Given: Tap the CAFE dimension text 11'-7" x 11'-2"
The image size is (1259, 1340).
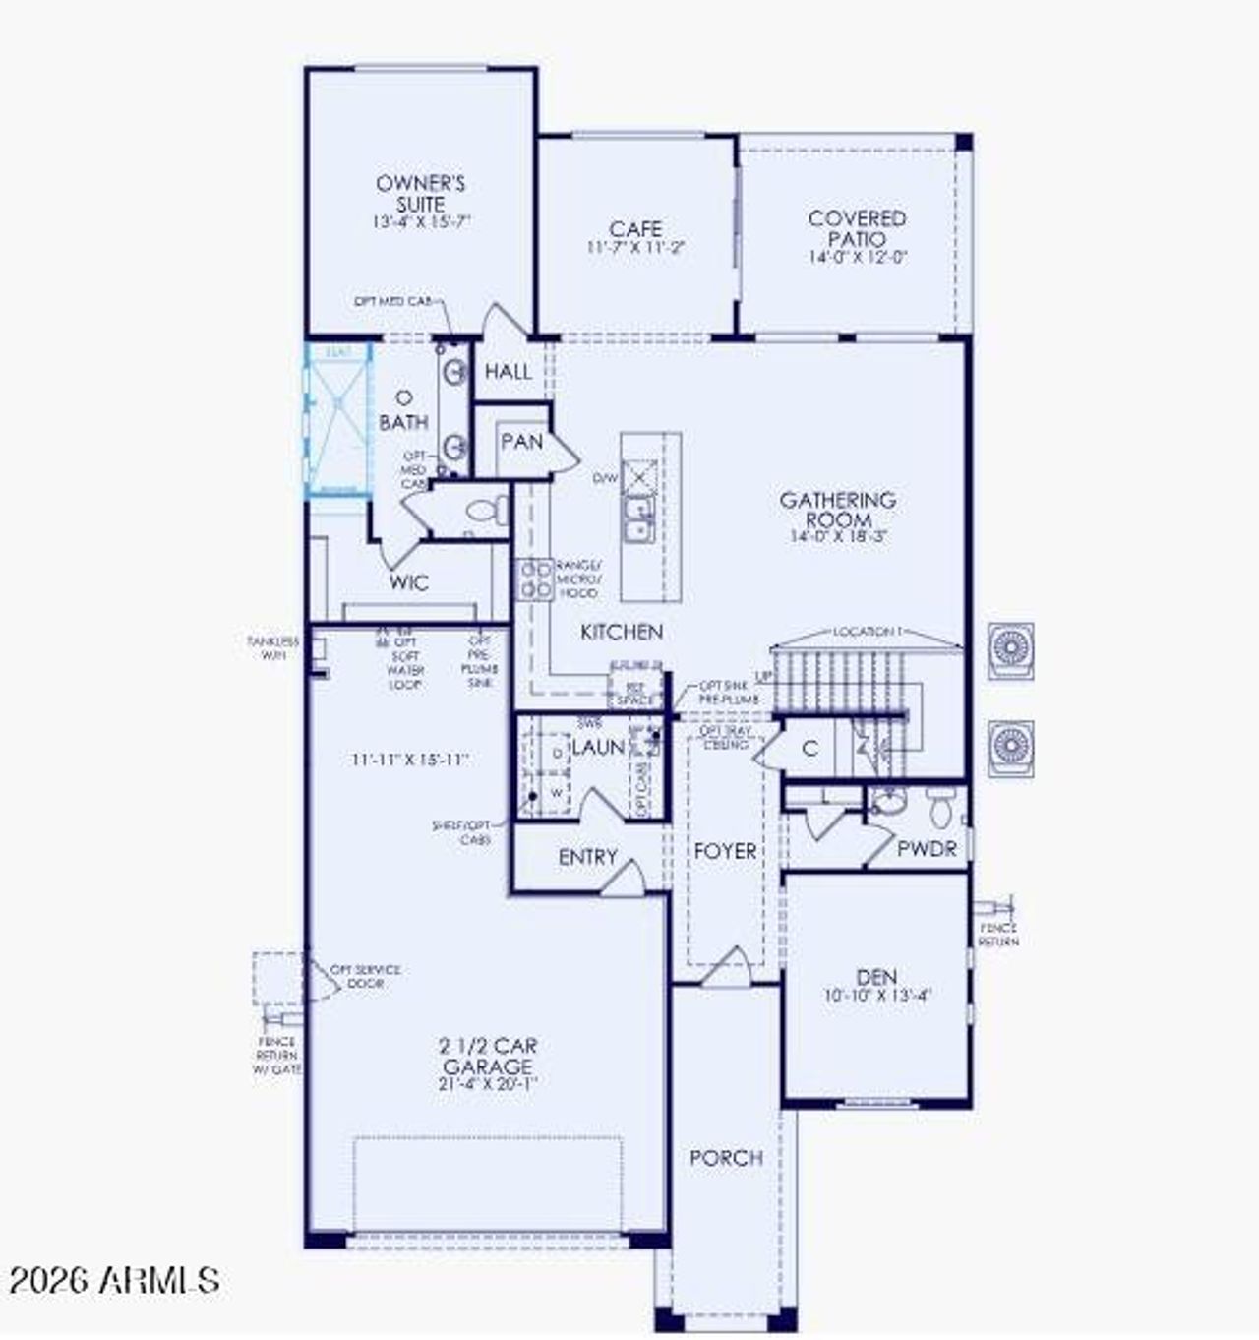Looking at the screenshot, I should pyautogui.click(x=634, y=248).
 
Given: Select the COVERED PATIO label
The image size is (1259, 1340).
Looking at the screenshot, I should pyautogui.click(x=857, y=228).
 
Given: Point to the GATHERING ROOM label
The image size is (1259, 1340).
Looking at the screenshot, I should pyautogui.click(x=838, y=510).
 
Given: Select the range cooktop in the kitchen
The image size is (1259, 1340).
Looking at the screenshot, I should pyautogui.click(x=535, y=579).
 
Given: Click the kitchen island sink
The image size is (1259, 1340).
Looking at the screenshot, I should pyautogui.click(x=638, y=519).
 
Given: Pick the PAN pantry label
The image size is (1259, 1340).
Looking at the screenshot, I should pyautogui.click(x=521, y=442).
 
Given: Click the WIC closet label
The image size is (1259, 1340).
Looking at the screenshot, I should pyautogui.click(x=408, y=582).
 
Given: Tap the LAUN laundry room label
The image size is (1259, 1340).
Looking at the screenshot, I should pyautogui.click(x=598, y=748).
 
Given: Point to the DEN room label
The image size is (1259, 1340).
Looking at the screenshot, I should pyautogui.click(x=876, y=977).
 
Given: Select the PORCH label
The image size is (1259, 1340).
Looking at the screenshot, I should pyautogui.click(x=726, y=1158).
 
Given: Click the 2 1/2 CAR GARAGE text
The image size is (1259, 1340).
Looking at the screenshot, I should pyautogui.click(x=489, y=1056).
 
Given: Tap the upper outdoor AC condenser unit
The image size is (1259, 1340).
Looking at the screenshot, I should pyautogui.click(x=1010, y=649).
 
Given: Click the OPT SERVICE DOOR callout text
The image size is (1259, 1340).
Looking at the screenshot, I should pyautogui.click(x=365, y=976).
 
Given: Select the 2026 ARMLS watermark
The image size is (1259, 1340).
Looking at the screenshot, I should pyautogui.click(x=114, y=1280).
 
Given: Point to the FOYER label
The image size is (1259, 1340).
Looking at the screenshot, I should pyautogui.click(x=726, y=851).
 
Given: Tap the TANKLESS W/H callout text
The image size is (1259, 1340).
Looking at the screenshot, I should pyautogui.click(x=272, y=647).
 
